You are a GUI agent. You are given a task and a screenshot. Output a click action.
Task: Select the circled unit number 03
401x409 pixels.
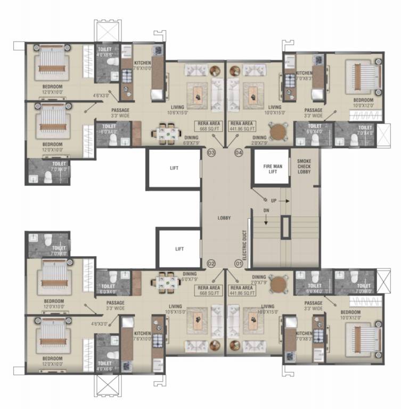point(211,153)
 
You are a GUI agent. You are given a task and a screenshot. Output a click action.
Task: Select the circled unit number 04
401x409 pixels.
point(238,153)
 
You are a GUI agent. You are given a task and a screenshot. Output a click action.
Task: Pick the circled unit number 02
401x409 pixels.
point(211,263)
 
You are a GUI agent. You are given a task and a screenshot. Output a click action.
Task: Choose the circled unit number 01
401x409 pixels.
point(238,263)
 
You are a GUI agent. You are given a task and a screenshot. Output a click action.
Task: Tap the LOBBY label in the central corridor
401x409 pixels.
point(224,217)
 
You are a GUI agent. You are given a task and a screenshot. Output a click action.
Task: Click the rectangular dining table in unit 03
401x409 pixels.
point(168,132)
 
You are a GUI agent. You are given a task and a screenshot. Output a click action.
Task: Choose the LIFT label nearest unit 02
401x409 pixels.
point(180,248)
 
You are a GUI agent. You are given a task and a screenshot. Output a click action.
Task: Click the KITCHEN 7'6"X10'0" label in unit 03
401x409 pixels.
point(143,65)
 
